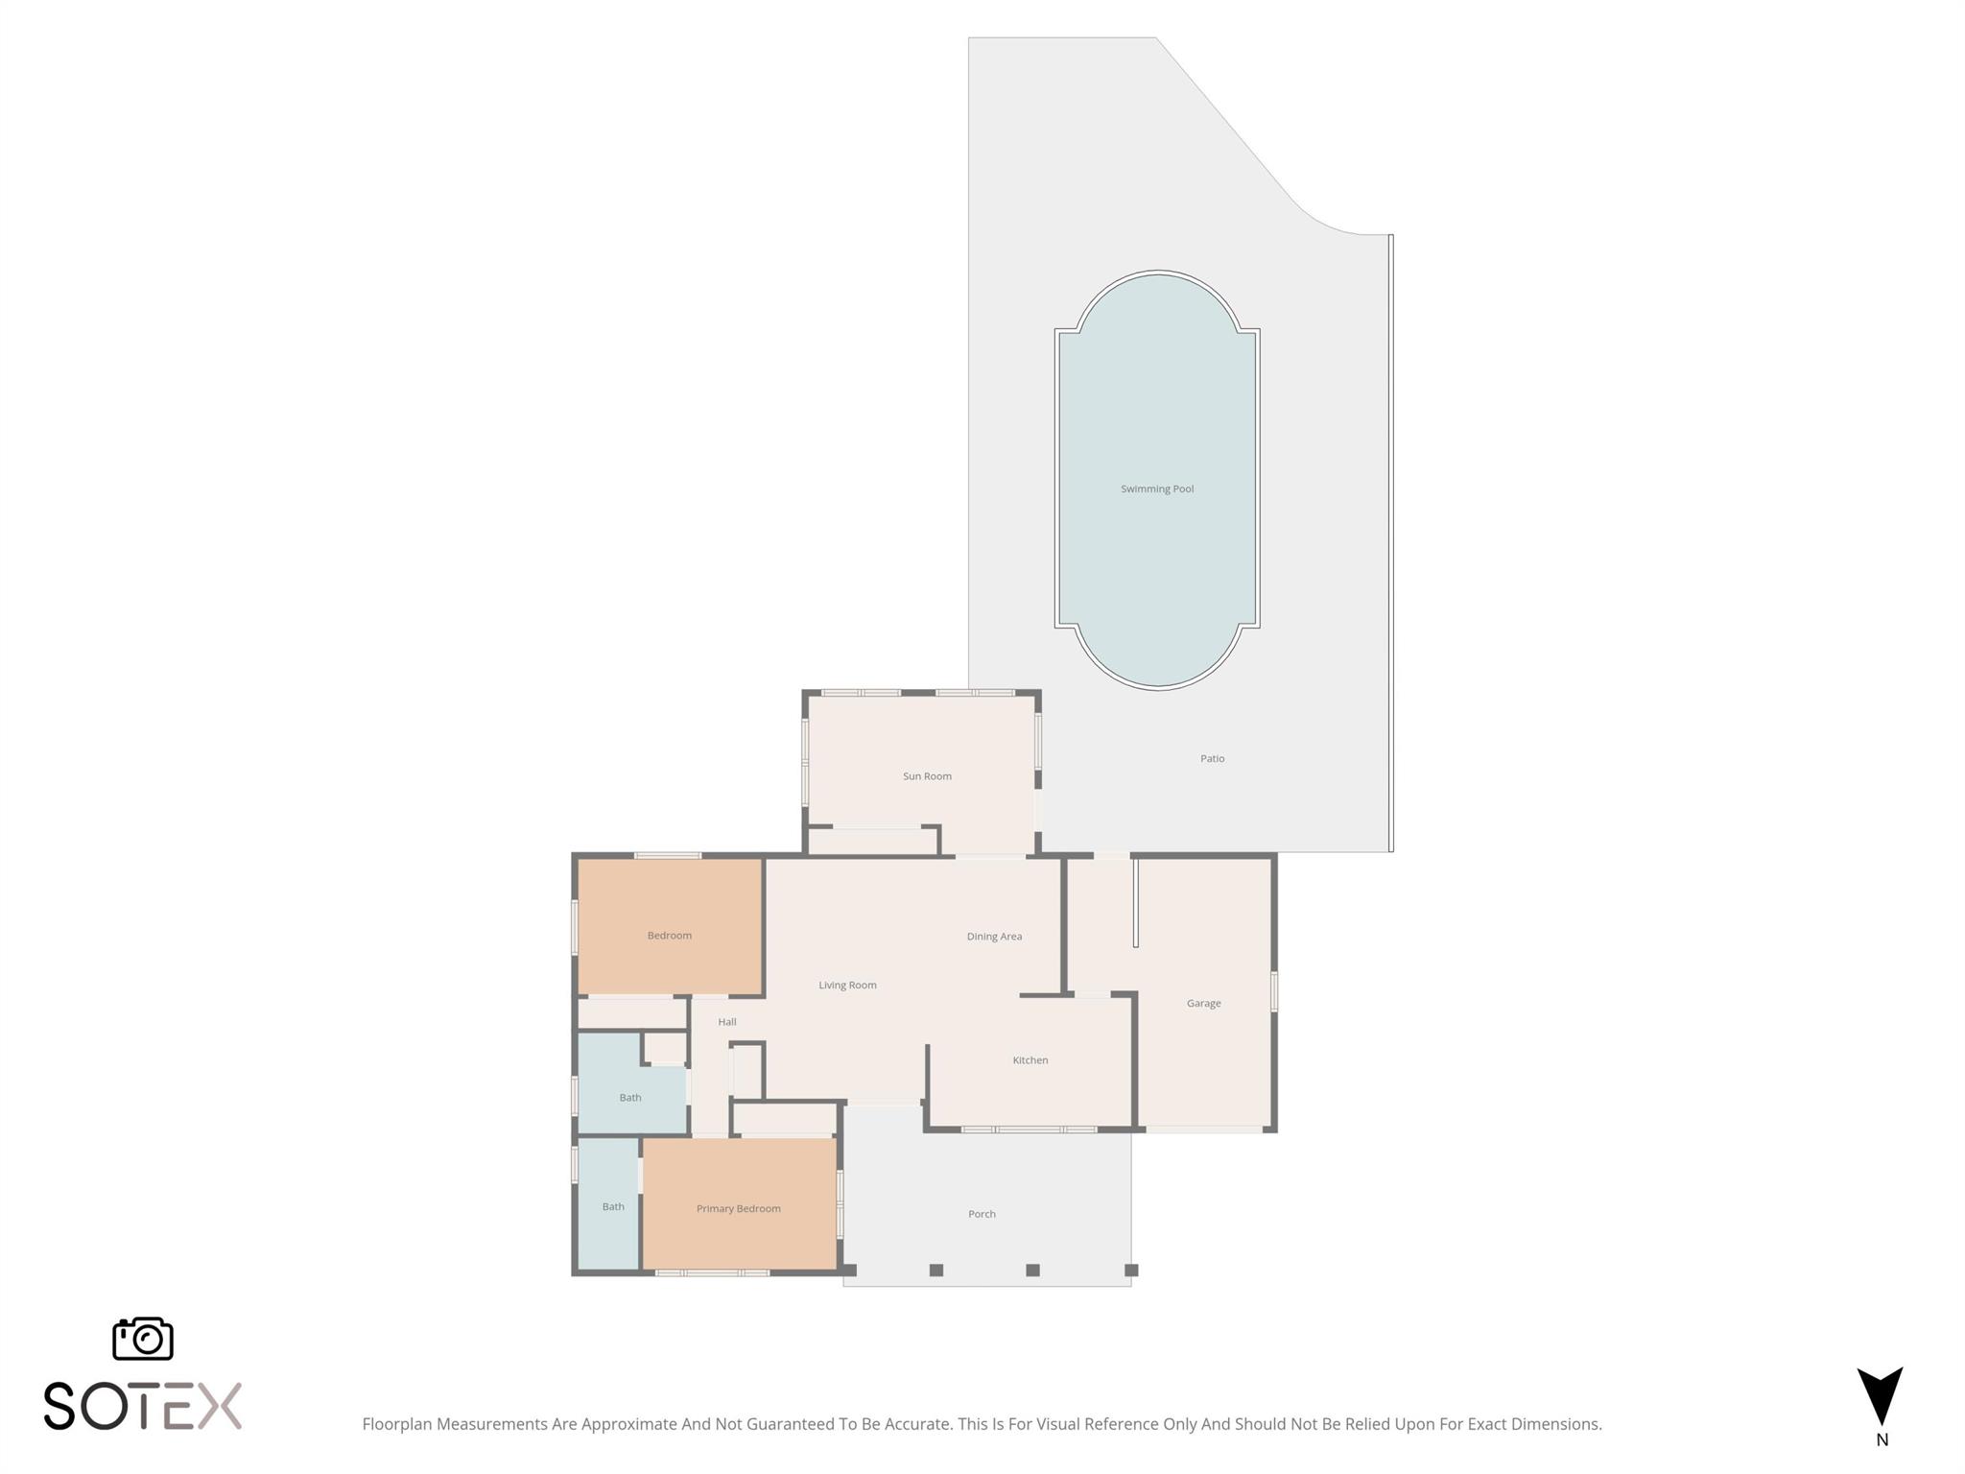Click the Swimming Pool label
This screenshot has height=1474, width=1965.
(x=1157, y=489)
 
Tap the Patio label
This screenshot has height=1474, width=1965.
(x=1212, y=759)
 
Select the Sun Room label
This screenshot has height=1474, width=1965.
(x=927, y=776)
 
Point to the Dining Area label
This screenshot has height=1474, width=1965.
(x=994, y=937)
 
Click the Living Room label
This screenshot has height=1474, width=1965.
(x=847, y=986)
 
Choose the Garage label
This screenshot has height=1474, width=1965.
(x=1203, y=1004)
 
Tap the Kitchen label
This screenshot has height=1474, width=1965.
(x=1030, y=1060)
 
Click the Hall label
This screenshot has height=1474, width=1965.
(x=727, y=1022)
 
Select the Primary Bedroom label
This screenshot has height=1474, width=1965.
(x=738, y=1209)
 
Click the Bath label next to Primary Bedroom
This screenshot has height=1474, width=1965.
(x=613, y=1207)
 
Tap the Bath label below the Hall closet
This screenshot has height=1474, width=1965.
(x=629, y=1098)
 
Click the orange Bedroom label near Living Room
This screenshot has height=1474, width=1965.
(x=669, y=936)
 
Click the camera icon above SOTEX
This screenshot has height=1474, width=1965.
(x=143, y=1339)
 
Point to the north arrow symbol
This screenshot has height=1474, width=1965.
(x=1880, y=1396)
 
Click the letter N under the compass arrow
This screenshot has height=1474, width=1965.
(x=1882, y=1439)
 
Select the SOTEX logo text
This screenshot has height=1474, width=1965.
(x=143, y=1406)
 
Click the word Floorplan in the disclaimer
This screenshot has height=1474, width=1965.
(x=396, y=1424)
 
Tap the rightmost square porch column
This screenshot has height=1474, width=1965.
(x=1131, y=1271)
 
